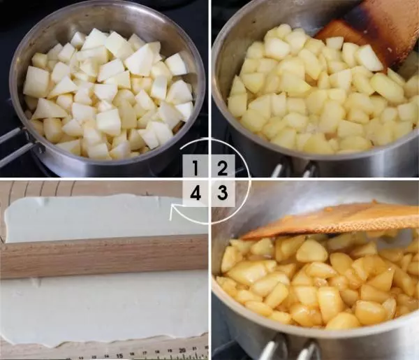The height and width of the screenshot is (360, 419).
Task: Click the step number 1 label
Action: [196, 168]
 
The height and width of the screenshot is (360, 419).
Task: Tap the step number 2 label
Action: [222, 168]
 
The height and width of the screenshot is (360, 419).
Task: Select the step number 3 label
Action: [222, 192]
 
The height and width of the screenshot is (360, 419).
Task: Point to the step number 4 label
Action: [196, 192]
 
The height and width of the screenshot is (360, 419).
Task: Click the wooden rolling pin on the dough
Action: [104, 256]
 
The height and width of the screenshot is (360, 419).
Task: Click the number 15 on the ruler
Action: [119, 356]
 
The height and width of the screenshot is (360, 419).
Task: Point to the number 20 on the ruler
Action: [183, 350]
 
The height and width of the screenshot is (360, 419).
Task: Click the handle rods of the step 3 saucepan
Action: [288, 347]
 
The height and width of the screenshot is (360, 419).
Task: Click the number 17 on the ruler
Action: [145, 354]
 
